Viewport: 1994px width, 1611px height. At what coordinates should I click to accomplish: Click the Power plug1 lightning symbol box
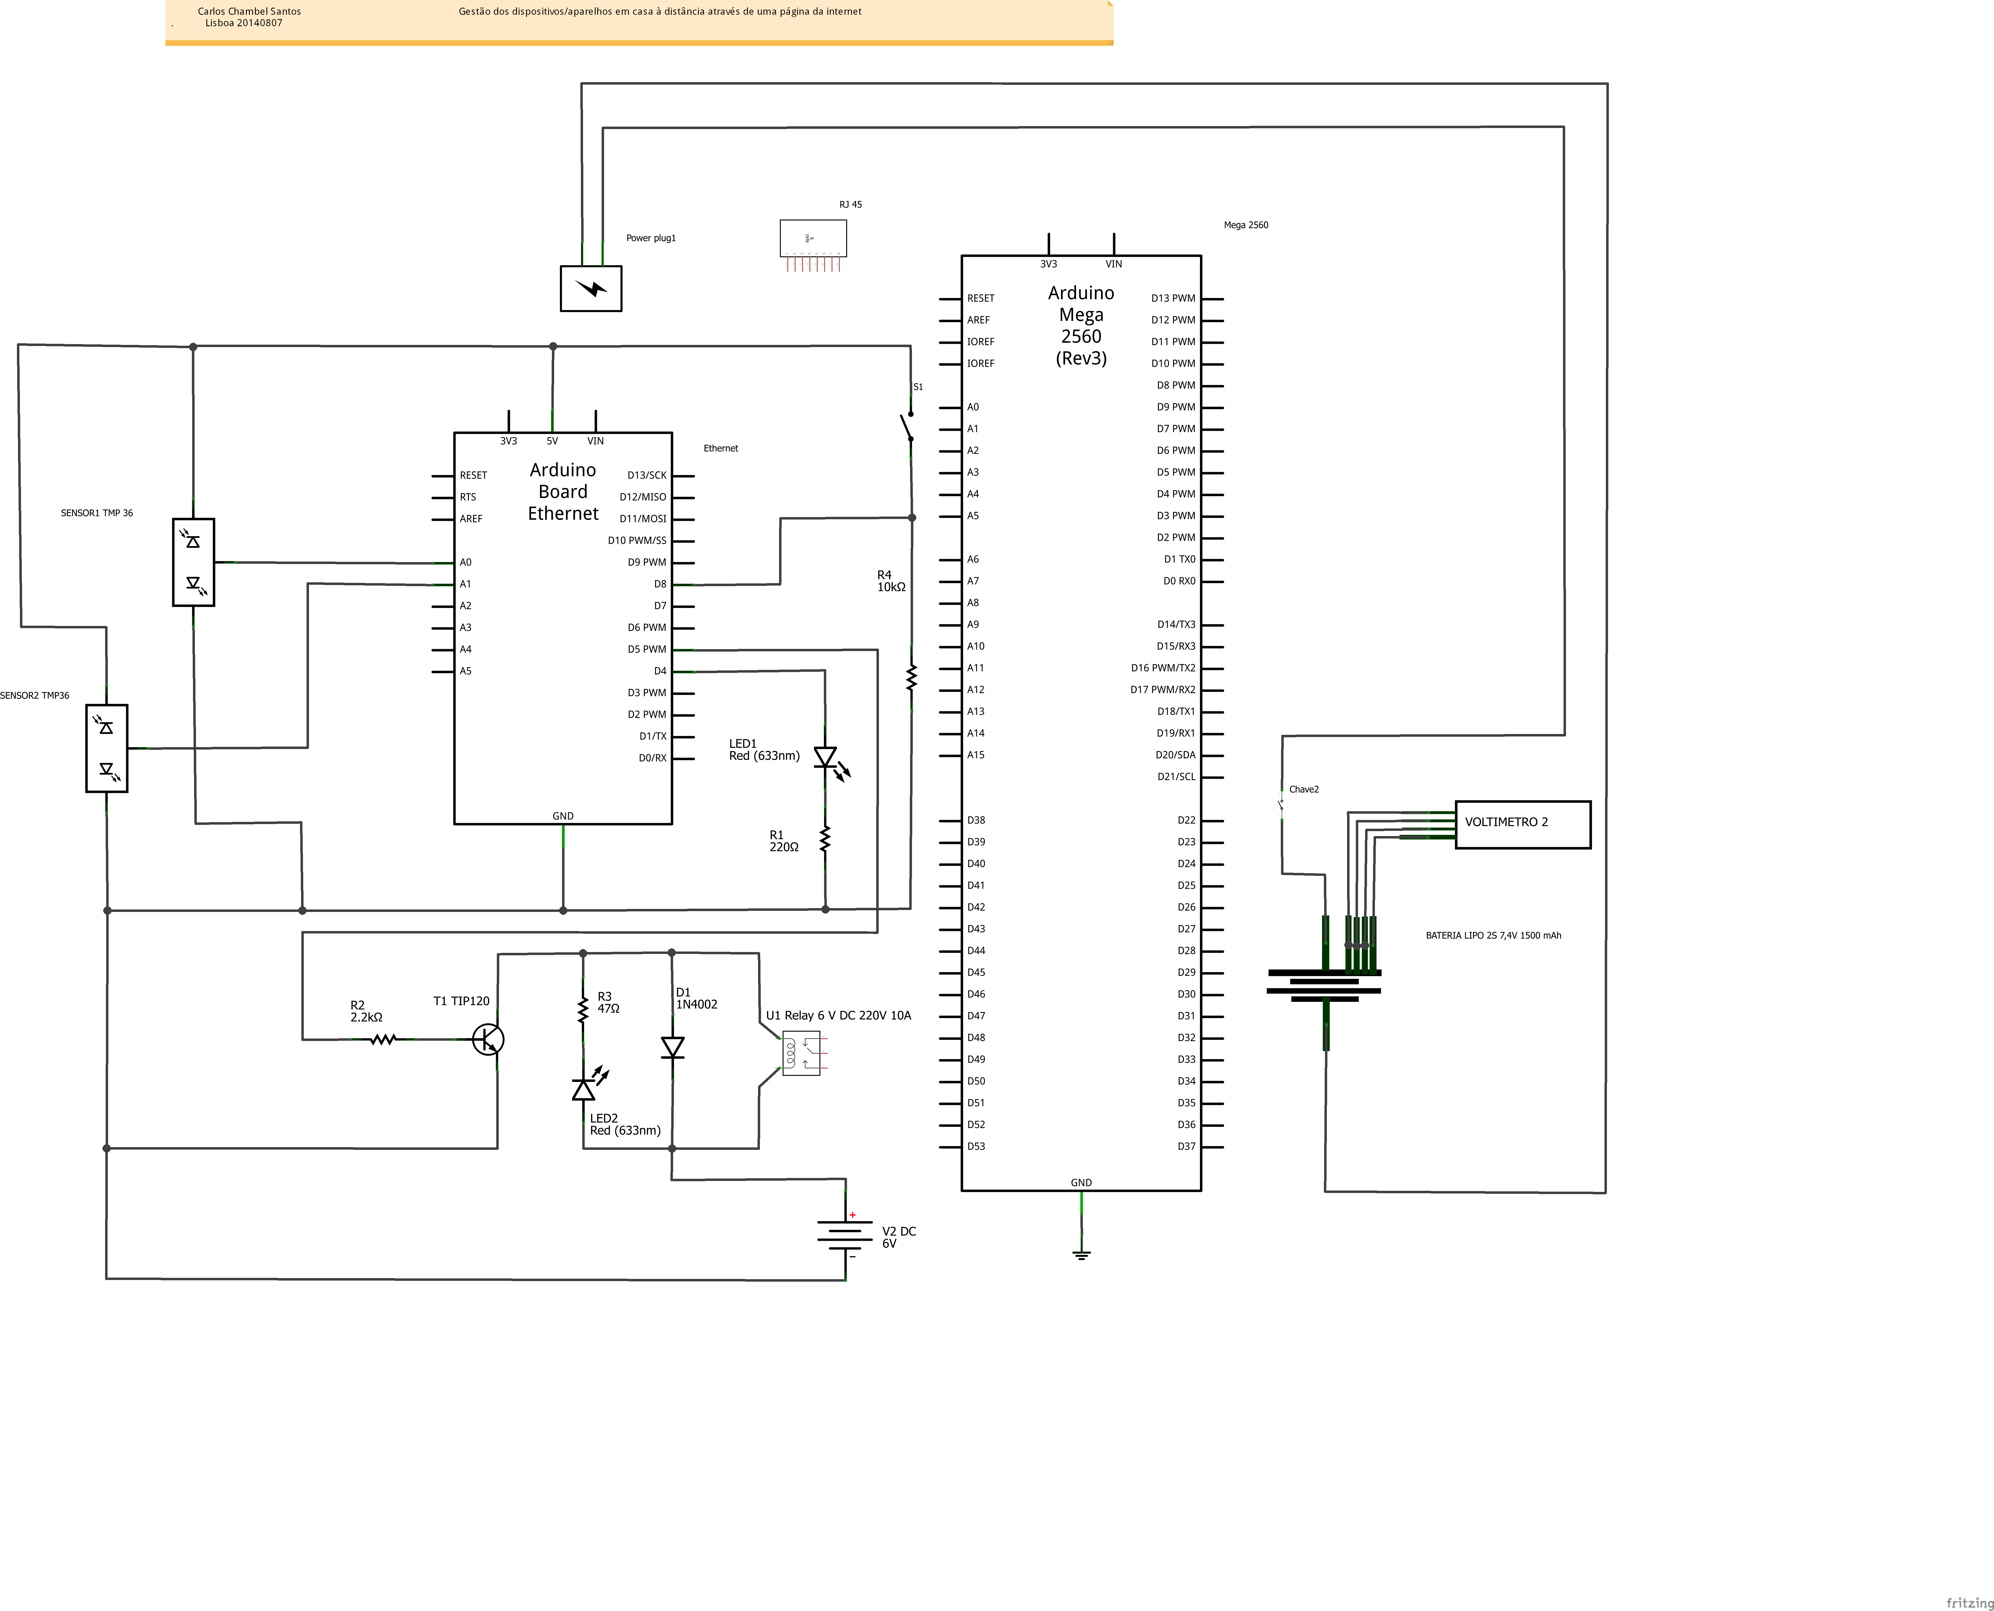coord(590,289)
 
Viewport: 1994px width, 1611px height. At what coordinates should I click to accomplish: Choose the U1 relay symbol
coord(800,1053)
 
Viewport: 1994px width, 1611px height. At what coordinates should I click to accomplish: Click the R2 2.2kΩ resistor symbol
coord(382,1039)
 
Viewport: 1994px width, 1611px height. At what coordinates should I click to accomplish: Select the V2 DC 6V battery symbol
coord(845,1234)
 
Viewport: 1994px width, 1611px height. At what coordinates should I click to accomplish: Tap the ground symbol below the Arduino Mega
coord(1081,1255)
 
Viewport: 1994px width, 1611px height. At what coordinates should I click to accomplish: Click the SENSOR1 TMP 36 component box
coord(193,562)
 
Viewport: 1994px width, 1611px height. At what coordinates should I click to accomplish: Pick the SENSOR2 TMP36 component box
coord(107,748)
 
